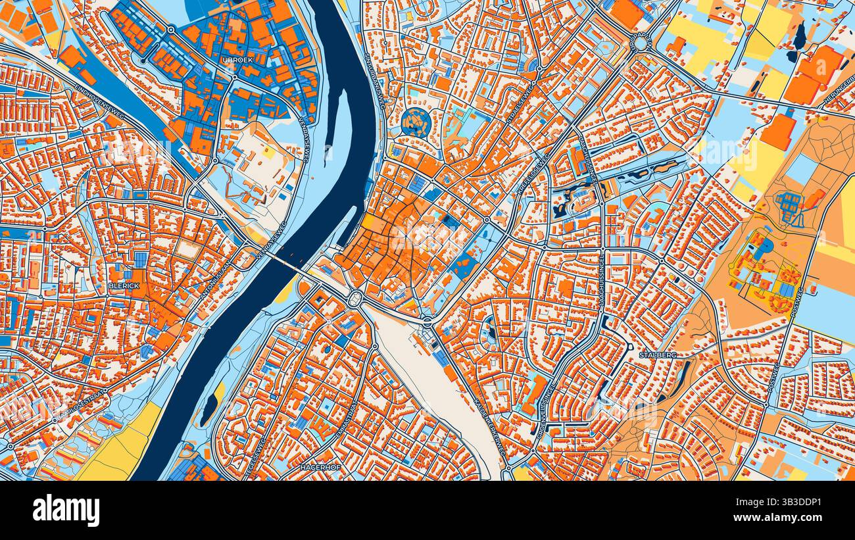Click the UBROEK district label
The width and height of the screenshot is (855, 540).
[238, 60]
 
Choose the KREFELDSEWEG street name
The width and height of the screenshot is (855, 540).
[533, 175]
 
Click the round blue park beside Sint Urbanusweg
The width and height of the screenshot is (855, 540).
[416, 122]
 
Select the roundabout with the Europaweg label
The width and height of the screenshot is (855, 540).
[641, 43]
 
